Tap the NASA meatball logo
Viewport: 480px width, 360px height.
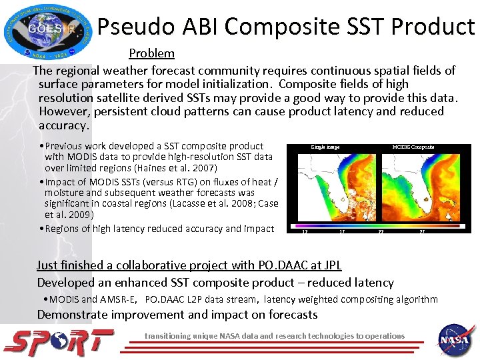(456, 340)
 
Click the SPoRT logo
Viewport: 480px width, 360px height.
(59, 341)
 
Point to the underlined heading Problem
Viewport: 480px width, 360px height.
(151, 53)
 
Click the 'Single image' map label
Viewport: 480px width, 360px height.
(325, 147)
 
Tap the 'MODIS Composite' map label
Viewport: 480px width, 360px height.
(413, 147)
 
